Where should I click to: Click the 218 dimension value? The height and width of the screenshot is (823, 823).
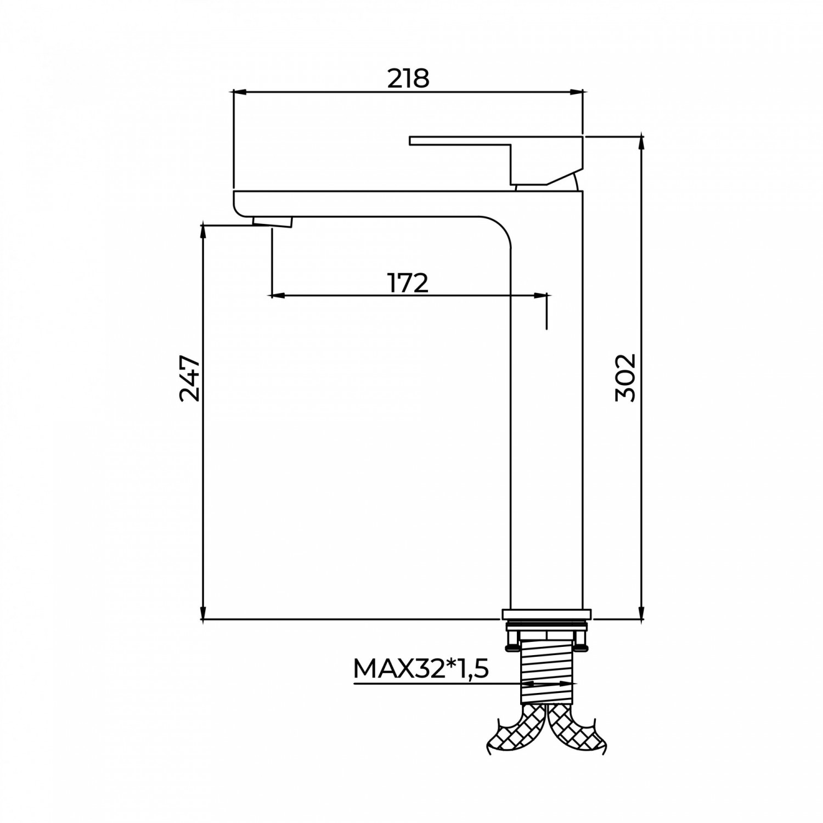408,78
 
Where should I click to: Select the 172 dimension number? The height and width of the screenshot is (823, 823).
408,283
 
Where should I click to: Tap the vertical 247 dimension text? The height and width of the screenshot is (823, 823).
190,379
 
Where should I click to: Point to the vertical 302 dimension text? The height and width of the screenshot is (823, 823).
625,379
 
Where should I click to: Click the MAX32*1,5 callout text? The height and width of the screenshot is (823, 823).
421,669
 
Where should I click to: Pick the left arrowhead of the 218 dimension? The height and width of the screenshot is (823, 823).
240,92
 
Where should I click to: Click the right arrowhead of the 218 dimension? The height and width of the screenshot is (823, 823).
576,92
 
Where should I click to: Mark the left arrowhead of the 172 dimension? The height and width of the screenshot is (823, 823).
278,296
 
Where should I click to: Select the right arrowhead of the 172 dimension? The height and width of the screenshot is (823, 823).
540,296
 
